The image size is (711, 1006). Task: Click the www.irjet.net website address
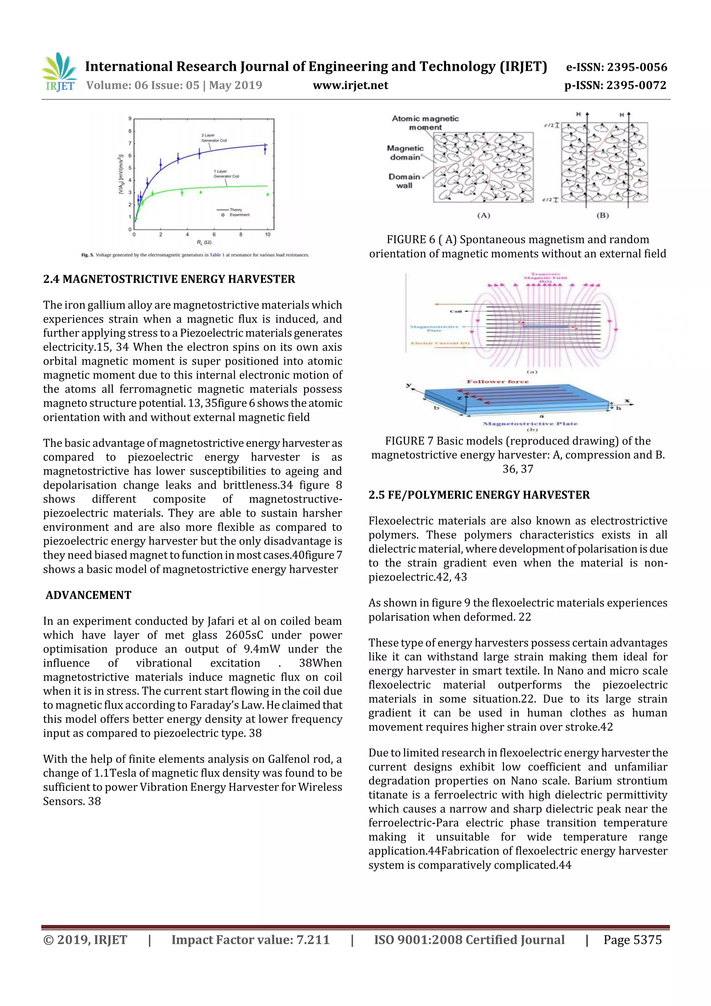tap(350, 85)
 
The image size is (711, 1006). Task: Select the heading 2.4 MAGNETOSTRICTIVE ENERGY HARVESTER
tap(169, 279)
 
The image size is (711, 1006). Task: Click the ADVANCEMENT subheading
tap(89, 595)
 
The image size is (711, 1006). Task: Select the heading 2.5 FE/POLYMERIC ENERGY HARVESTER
tap(479, 495)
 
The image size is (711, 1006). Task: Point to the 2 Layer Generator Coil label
tap(214, 138)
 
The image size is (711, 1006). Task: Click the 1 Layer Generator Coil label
tap(226, 174)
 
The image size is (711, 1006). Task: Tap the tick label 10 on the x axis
tap(268, 235)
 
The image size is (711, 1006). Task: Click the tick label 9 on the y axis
tap(130, 119)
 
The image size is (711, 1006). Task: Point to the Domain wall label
tap(404, 181)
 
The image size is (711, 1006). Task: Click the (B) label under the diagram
tap(603, 215)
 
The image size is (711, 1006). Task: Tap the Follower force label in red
tap(497, 382)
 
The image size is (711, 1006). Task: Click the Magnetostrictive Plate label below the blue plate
tap(530, 424)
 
